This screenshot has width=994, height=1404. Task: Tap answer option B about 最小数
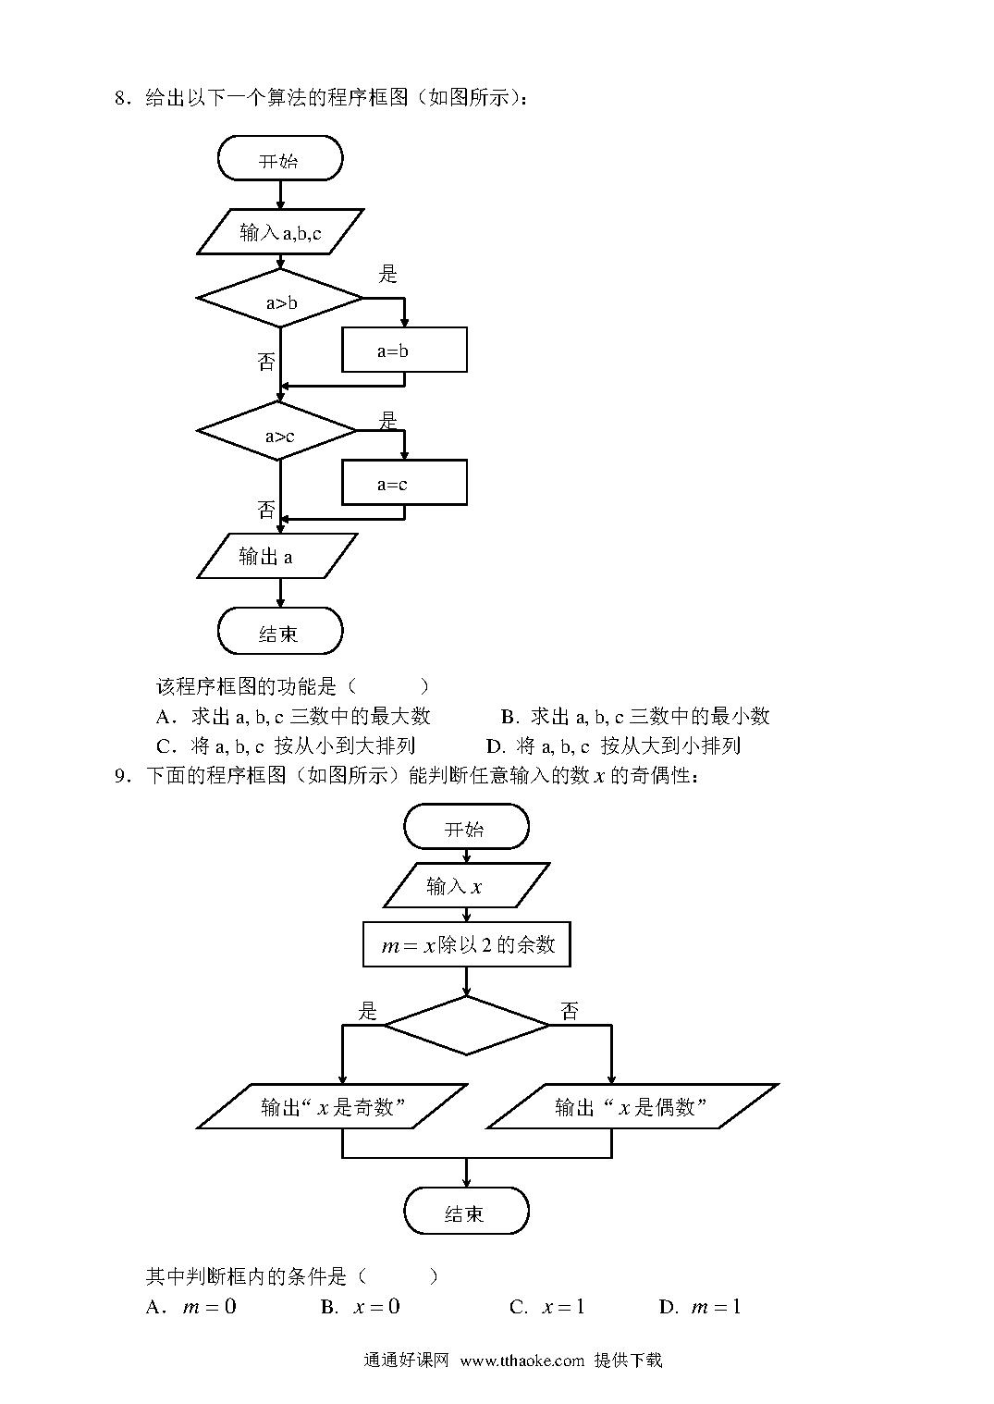point(635,716)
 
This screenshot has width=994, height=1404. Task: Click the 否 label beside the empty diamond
point(569,1010)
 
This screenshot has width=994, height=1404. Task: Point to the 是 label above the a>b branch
point(388,273)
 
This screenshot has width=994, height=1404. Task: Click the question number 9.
point(121,776)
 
